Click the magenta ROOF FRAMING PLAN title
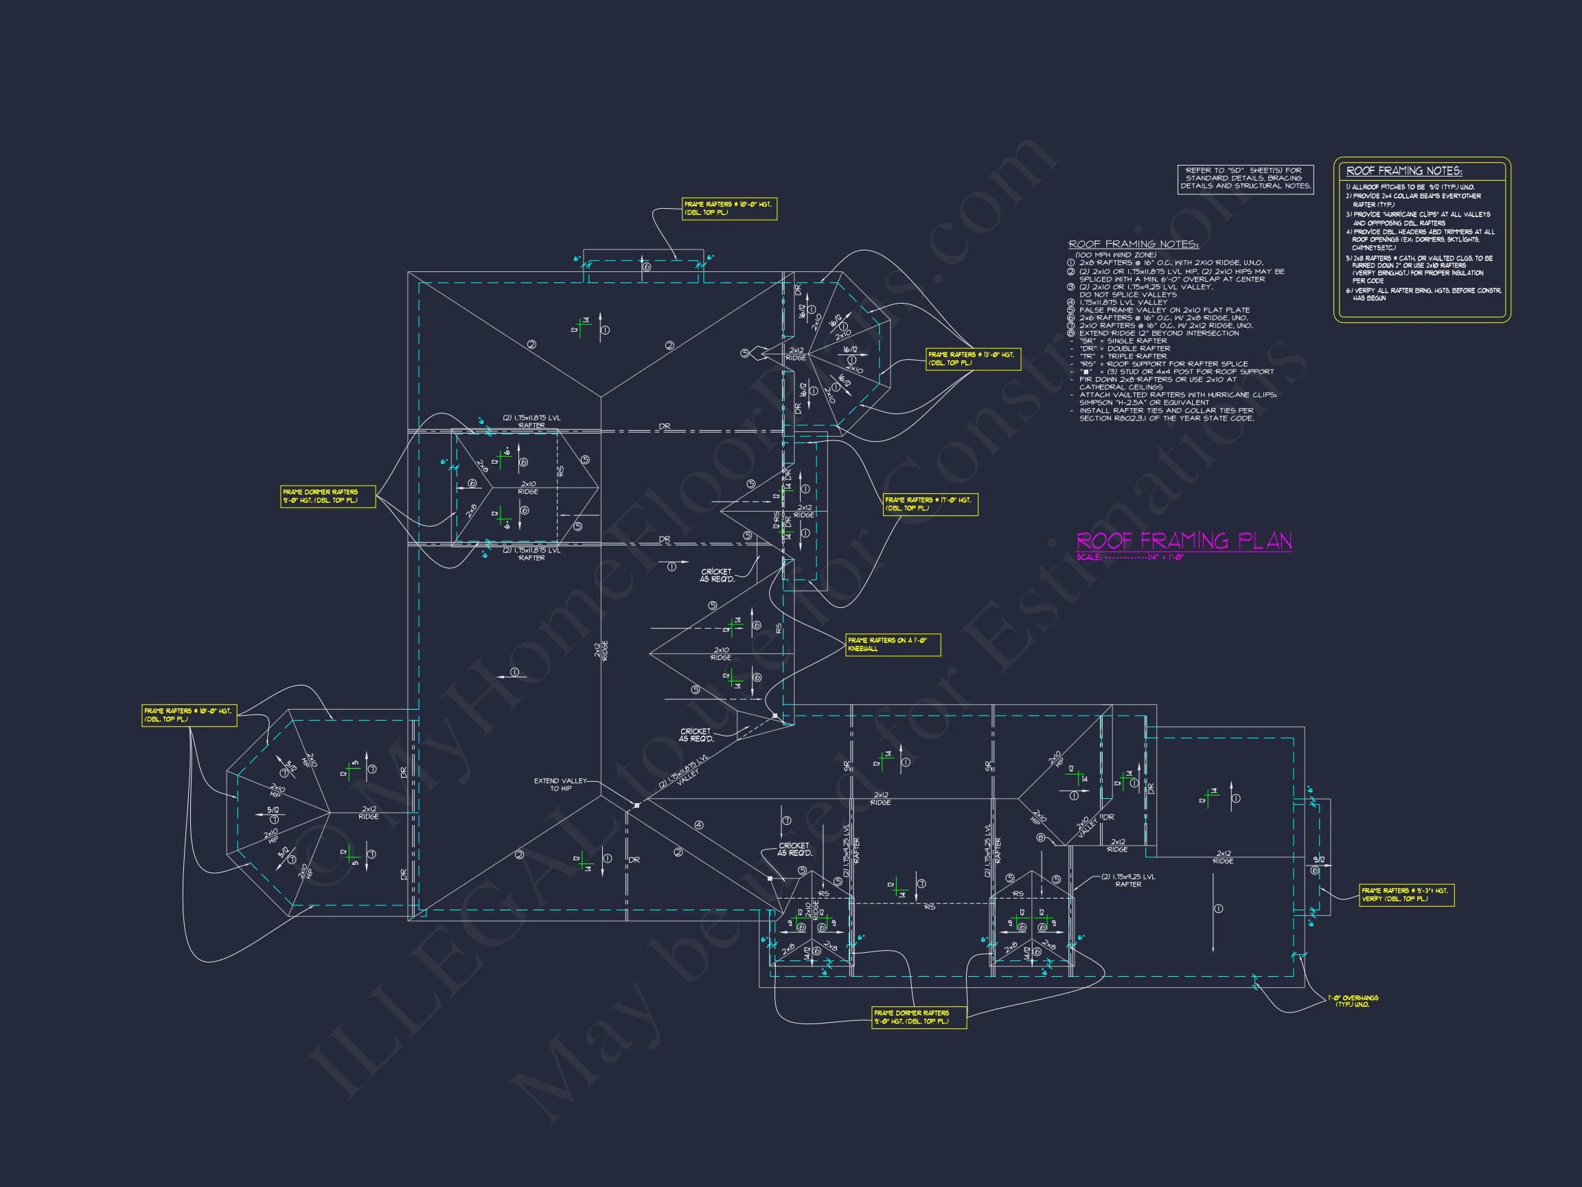point(1184,540)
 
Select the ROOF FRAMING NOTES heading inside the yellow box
point(1404,171)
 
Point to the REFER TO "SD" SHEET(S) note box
point(1245,179)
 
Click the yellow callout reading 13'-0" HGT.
point(973,359)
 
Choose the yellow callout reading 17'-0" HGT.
point(930,504)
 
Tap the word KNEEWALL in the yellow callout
point(862,649)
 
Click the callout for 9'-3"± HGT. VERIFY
point(1406,894)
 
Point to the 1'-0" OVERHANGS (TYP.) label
point(1353,1001)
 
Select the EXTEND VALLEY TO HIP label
point(560,784)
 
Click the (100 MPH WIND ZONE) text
point(1116,255)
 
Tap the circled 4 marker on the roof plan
point(699,825)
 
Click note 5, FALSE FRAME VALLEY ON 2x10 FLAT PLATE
point(1165,310)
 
